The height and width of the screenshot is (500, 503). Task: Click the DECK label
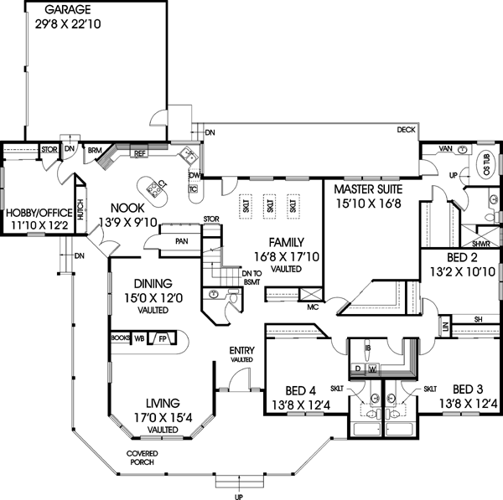tap(407, 130)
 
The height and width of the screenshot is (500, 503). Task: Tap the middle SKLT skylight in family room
tap(270, 204)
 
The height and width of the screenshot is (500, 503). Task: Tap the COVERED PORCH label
tap(143, 457)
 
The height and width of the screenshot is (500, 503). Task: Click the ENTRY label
tap(242, 350)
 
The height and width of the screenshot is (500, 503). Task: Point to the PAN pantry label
tap(181, 241)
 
